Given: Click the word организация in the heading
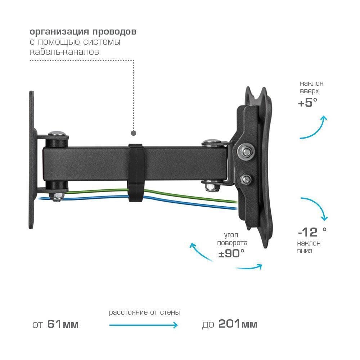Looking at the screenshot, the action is [59, 32].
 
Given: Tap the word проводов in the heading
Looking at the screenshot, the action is [114, 32].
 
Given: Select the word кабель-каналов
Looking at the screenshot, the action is [64, 51].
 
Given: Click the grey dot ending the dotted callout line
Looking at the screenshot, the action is [134, 133].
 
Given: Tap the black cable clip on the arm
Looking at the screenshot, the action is [135, 173].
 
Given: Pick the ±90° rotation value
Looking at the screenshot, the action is [231, 253].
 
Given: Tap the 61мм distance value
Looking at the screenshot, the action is [63, 324].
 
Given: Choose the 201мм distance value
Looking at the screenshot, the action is [238, 324].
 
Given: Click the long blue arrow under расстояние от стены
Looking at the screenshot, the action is [144, 325].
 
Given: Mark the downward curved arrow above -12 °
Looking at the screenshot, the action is [318, 205].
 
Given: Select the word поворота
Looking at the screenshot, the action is [232, 243].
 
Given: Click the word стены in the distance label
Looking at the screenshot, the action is [170, 312].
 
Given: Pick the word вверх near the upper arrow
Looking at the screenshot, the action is [309, 91].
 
